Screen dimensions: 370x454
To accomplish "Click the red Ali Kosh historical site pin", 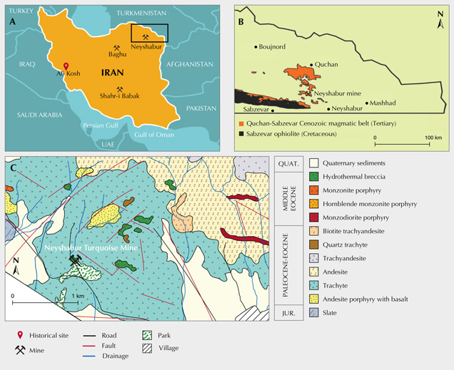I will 66,65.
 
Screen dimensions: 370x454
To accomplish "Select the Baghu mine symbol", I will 117,48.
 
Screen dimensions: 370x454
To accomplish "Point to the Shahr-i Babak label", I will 120,96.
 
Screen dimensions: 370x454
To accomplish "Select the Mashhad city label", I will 382,103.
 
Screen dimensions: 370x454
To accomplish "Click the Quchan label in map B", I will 326,64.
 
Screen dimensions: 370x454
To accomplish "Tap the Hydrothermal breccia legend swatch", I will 314,177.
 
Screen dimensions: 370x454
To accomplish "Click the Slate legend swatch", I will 314,313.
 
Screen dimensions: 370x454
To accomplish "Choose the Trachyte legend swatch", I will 314,286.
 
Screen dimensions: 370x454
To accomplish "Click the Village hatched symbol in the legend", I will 146,349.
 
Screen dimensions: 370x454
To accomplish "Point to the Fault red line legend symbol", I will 89,344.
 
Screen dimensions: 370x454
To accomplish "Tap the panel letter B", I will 241,21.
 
